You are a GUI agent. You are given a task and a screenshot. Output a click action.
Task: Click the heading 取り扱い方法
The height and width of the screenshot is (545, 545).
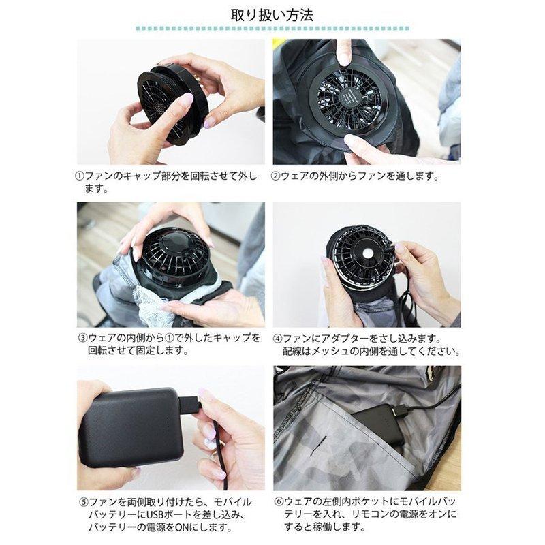[x=272, y=14]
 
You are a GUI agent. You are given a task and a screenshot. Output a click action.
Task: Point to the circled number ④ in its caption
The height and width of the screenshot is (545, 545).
[x=277, y=338]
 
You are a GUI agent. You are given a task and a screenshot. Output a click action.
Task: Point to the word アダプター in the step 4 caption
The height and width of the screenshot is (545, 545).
[x=341, y=338]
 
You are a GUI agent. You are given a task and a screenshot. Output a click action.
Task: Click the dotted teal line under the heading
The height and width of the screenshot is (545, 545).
[x=272, y=29]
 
